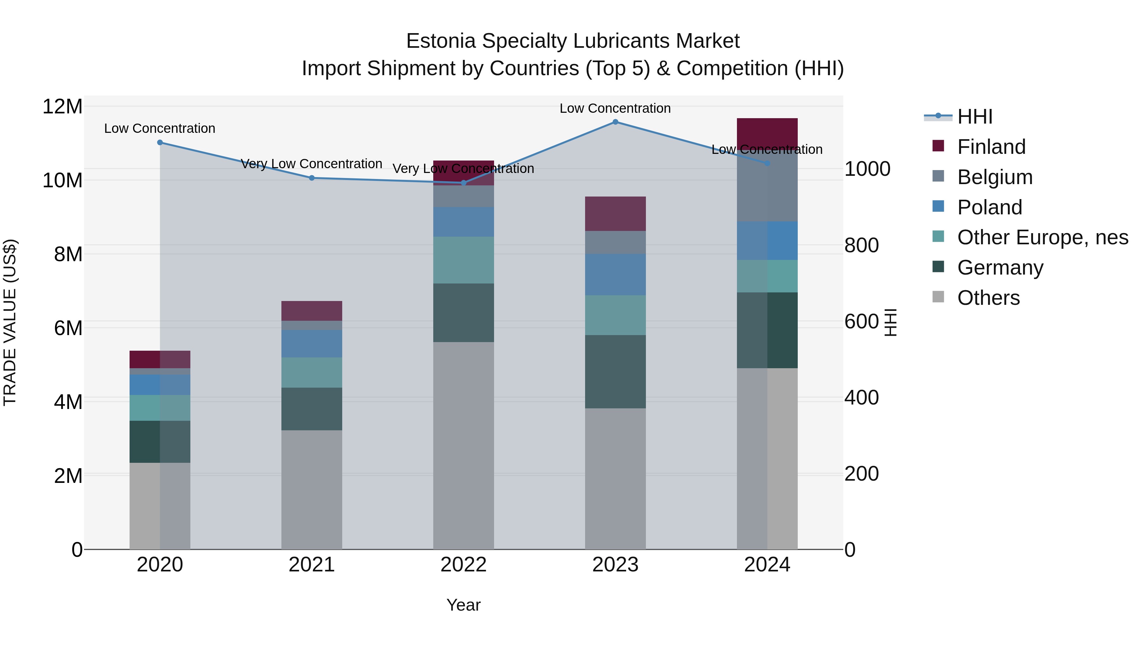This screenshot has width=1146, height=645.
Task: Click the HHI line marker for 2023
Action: click(615, 122)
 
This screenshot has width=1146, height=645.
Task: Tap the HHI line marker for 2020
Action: click(160, 142)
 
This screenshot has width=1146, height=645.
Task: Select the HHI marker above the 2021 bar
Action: click(312, 178)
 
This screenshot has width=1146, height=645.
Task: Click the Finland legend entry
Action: click(991, 147)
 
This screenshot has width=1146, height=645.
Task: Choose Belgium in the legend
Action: click(995, 177)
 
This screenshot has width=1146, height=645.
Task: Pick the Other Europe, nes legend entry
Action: click(1042, 237)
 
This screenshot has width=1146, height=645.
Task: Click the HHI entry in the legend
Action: click(975, 117)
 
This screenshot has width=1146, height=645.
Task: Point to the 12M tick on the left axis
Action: click(62, 107)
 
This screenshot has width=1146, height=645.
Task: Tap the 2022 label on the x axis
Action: click(463, 565)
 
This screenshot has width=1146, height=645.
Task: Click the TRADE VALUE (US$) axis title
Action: click(10, 322)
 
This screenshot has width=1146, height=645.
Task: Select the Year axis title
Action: click(463, 605)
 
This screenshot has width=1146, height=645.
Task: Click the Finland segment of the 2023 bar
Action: click(615, 214)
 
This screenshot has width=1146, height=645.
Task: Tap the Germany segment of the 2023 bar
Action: click(615, 372)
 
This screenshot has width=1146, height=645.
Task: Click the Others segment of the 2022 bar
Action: click(463, 445)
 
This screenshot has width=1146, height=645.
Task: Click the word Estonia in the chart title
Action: click(441, 41)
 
